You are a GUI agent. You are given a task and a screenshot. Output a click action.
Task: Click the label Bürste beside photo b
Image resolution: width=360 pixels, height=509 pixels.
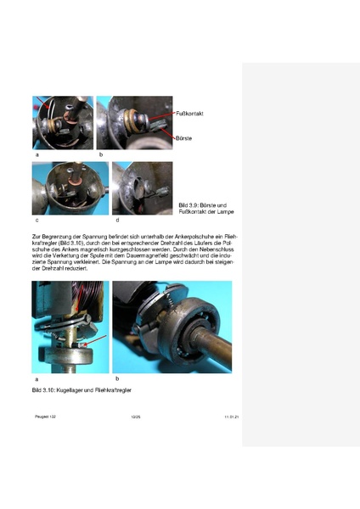pos(185,137)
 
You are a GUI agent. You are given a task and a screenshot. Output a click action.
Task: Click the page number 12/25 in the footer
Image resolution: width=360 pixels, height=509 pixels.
pos(135,417)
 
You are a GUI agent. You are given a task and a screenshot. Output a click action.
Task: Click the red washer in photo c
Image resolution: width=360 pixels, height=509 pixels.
pos(72,180)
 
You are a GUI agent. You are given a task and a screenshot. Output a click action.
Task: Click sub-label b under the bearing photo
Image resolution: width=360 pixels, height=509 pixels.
pos(116,378)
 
